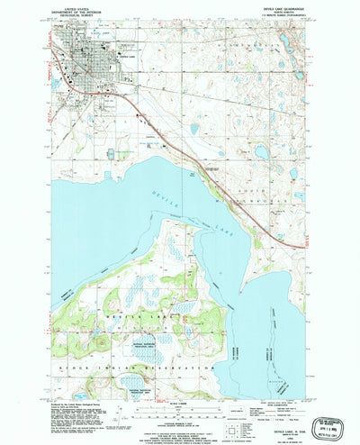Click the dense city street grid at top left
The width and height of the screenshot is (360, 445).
point(90,68)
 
